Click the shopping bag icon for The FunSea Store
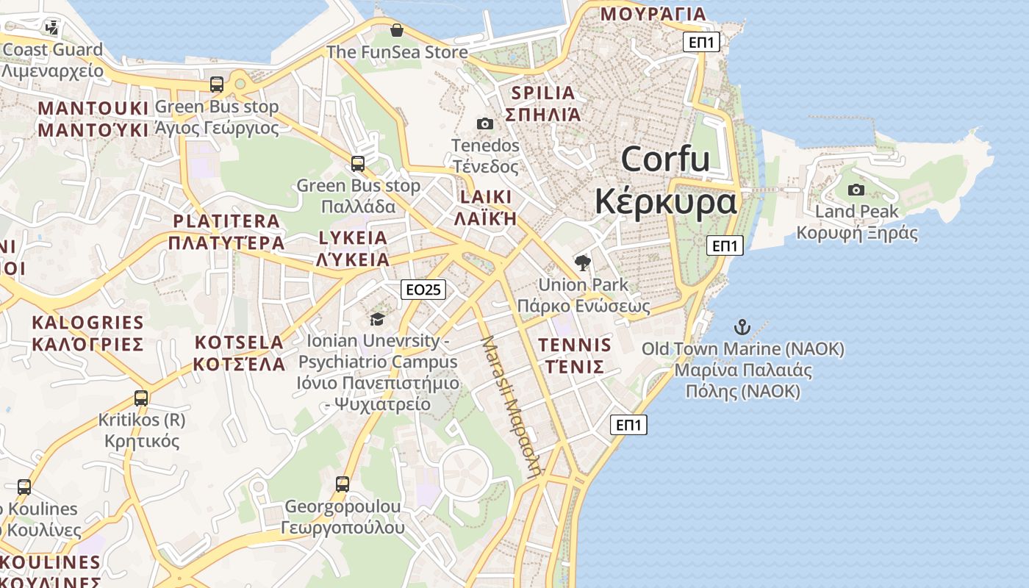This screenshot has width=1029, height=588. (397, 30)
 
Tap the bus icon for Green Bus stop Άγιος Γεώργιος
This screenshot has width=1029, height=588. (217, 85)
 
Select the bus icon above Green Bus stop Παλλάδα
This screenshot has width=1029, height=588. (358, 164)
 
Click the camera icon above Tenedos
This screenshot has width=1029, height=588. (485, 123)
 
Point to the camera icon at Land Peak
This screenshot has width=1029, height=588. (856, 190)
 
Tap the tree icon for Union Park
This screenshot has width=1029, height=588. (583, 262)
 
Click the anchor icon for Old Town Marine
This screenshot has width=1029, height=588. (742, 326)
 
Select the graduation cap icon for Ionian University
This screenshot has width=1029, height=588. (377, 319)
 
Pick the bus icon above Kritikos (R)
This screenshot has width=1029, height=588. (141, 398)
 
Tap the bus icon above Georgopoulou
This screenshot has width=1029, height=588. (343, 484)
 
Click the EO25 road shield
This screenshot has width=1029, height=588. (424, 290)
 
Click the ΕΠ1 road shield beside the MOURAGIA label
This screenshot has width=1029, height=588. (701, 42)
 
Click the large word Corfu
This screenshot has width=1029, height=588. (665, 159)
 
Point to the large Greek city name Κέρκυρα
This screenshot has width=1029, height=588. (665, 201)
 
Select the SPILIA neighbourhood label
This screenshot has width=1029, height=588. (542, 93)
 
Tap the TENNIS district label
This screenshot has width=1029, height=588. (575, 345)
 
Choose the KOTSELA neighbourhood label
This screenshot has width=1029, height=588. (239, 343)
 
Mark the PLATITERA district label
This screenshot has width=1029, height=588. (226, 221)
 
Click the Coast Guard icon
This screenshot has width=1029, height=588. (51, 28)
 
